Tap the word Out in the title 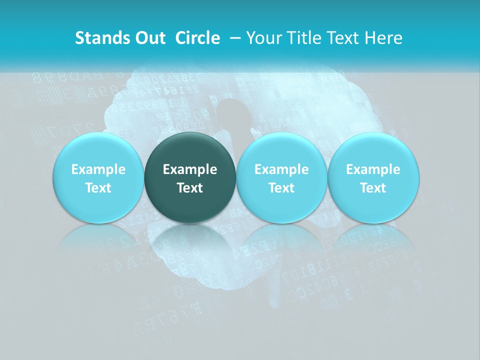coord(148,38)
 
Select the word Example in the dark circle coord(190,169)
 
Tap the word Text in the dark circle coord(190,188)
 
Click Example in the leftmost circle coord(98,169)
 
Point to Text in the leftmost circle coord(98,188)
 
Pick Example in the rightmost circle coord(373,169)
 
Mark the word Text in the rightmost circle coord(373,188)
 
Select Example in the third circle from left coord(281,169)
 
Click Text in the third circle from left coord(281,188)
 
